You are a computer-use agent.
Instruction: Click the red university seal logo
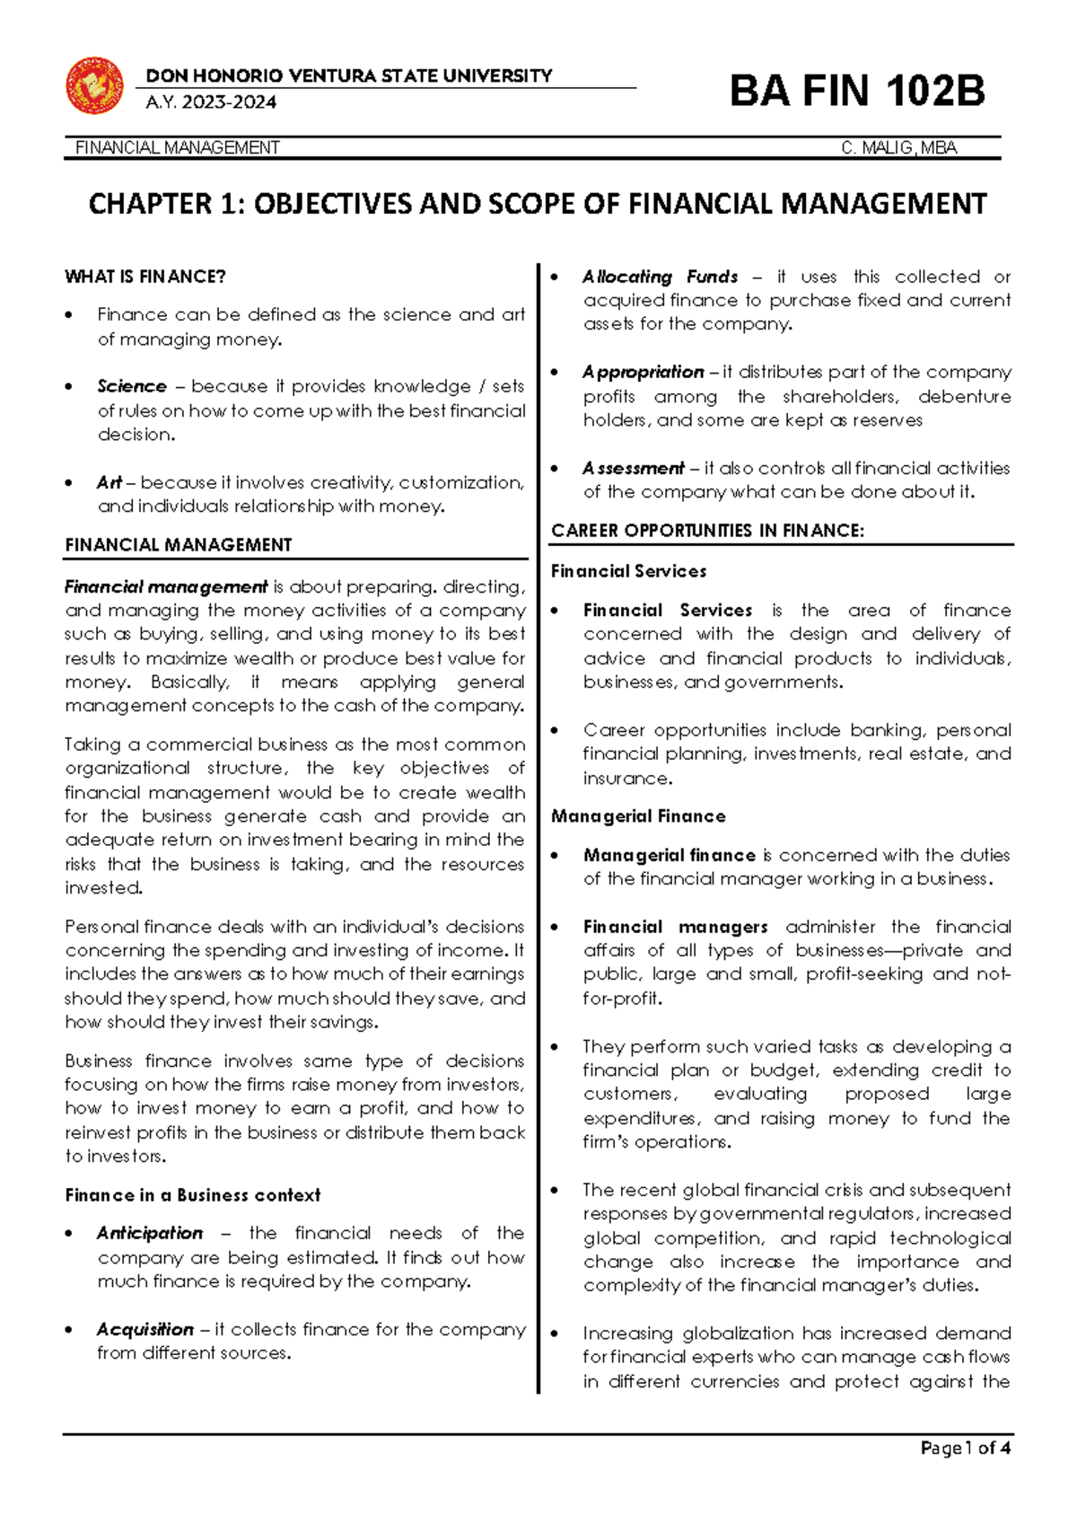point(94,85)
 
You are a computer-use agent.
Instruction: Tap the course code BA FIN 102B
point(857,92)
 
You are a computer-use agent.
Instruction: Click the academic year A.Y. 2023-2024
point(211,102)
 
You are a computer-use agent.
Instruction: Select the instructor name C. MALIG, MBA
point(898,148)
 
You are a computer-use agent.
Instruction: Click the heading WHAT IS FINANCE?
point(145,277)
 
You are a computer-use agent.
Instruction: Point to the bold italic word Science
point(132,386)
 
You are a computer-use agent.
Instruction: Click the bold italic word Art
point(109,482)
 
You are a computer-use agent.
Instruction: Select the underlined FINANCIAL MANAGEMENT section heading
point(179,545)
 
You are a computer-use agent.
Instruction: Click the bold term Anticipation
point(150,1233)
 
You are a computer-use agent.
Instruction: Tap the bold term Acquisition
point(145,1329)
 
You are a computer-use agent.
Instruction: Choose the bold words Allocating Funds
point(660,277)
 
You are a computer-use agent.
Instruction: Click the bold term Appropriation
point(643,372)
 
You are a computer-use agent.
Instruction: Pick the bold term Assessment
point(633,468)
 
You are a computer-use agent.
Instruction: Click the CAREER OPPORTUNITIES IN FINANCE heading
point(707,531)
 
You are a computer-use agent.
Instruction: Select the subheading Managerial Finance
point(638,816)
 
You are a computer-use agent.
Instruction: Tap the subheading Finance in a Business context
point(192,1195)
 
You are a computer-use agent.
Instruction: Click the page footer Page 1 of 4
point(966,1448)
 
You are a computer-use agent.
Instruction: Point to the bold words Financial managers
point(675,927)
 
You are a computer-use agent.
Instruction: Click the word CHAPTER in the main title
point(150,205)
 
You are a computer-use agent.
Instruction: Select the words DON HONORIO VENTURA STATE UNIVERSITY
point(348,76)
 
